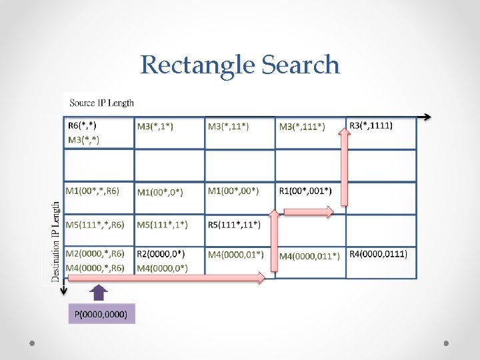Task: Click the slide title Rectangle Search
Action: [x=240, y=65]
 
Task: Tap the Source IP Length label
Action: [x=101, y=103]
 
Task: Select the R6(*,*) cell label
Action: [x=87, y=125]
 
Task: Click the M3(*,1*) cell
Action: [x=155, y=126]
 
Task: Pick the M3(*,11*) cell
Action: [x=228, y=126]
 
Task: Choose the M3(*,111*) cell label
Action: [x=302, y=126]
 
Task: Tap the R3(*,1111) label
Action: [x=371, y=125]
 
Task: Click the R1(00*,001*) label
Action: [x=305, y=191]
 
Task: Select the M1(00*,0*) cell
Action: [x=160, y=192]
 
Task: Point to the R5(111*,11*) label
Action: [x=234, y=224]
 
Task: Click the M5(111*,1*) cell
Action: [x=162, y=224]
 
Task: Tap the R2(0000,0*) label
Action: [x=161, y=254]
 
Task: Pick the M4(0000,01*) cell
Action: [x=235, y=254]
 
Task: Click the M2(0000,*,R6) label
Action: [x=95, y=254]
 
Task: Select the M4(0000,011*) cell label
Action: [x=309, y=255]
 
